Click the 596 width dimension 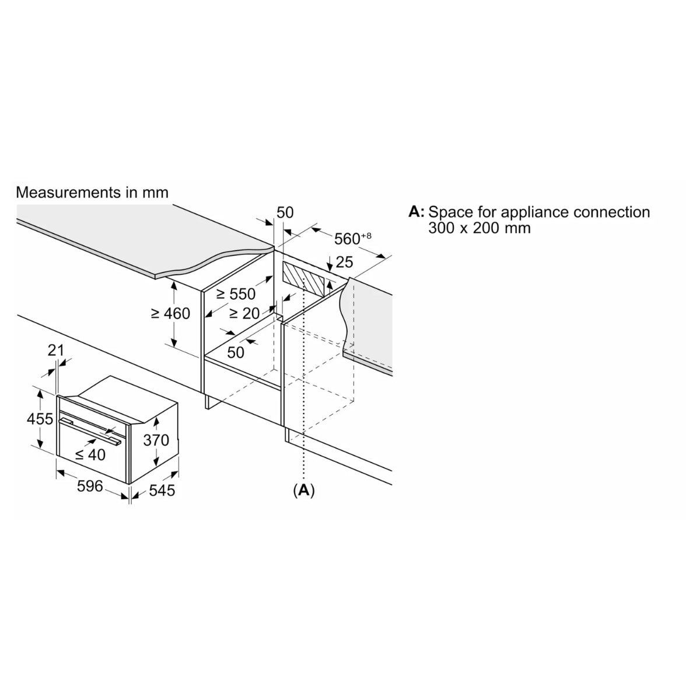90,486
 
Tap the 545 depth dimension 162,491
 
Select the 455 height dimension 40,419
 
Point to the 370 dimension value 156,440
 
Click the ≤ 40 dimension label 90,454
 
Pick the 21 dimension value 55,351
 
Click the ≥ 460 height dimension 170,314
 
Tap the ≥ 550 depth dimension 236,294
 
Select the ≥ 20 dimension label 244,313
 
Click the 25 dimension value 344,262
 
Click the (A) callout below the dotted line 304,491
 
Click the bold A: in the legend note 416,211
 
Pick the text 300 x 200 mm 480,228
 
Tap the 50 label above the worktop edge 285,212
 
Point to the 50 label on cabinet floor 236,352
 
